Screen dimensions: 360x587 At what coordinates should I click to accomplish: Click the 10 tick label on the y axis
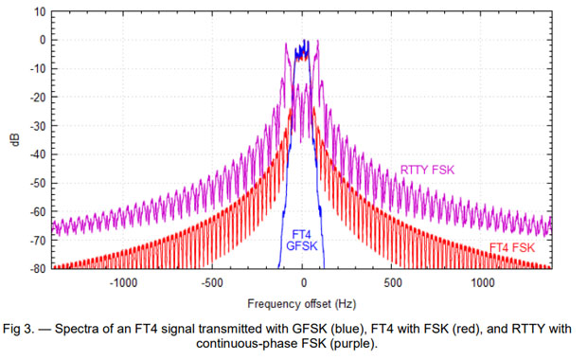pos(39,11)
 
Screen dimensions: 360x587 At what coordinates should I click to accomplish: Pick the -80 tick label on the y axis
pos(36,268)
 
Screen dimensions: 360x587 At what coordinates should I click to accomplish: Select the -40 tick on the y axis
pos(36,154)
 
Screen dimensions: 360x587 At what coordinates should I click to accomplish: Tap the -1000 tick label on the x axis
pos(123,282)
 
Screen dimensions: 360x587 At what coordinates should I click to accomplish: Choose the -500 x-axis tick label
pos(213,282)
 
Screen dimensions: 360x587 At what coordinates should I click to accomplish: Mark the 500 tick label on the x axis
pos(392,282)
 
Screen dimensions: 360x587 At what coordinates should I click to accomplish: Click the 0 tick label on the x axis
pos(303,282)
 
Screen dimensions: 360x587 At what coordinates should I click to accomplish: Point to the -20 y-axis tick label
pos(36,98)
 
